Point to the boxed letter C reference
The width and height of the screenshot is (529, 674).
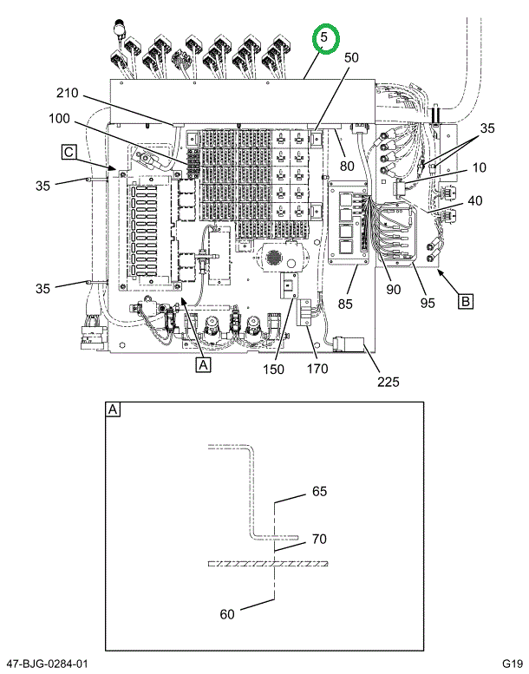point(68,153)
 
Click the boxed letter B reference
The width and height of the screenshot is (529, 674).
point(466,301)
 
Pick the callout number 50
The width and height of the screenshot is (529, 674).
point(351,57)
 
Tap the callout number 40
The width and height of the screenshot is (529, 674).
point(474,200)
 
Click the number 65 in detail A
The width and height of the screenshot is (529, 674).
point(319,491)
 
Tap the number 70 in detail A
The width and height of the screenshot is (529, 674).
point(319,539)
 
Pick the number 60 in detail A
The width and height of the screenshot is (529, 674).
point(226,615)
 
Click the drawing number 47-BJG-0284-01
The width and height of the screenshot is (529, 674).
point(45,664)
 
